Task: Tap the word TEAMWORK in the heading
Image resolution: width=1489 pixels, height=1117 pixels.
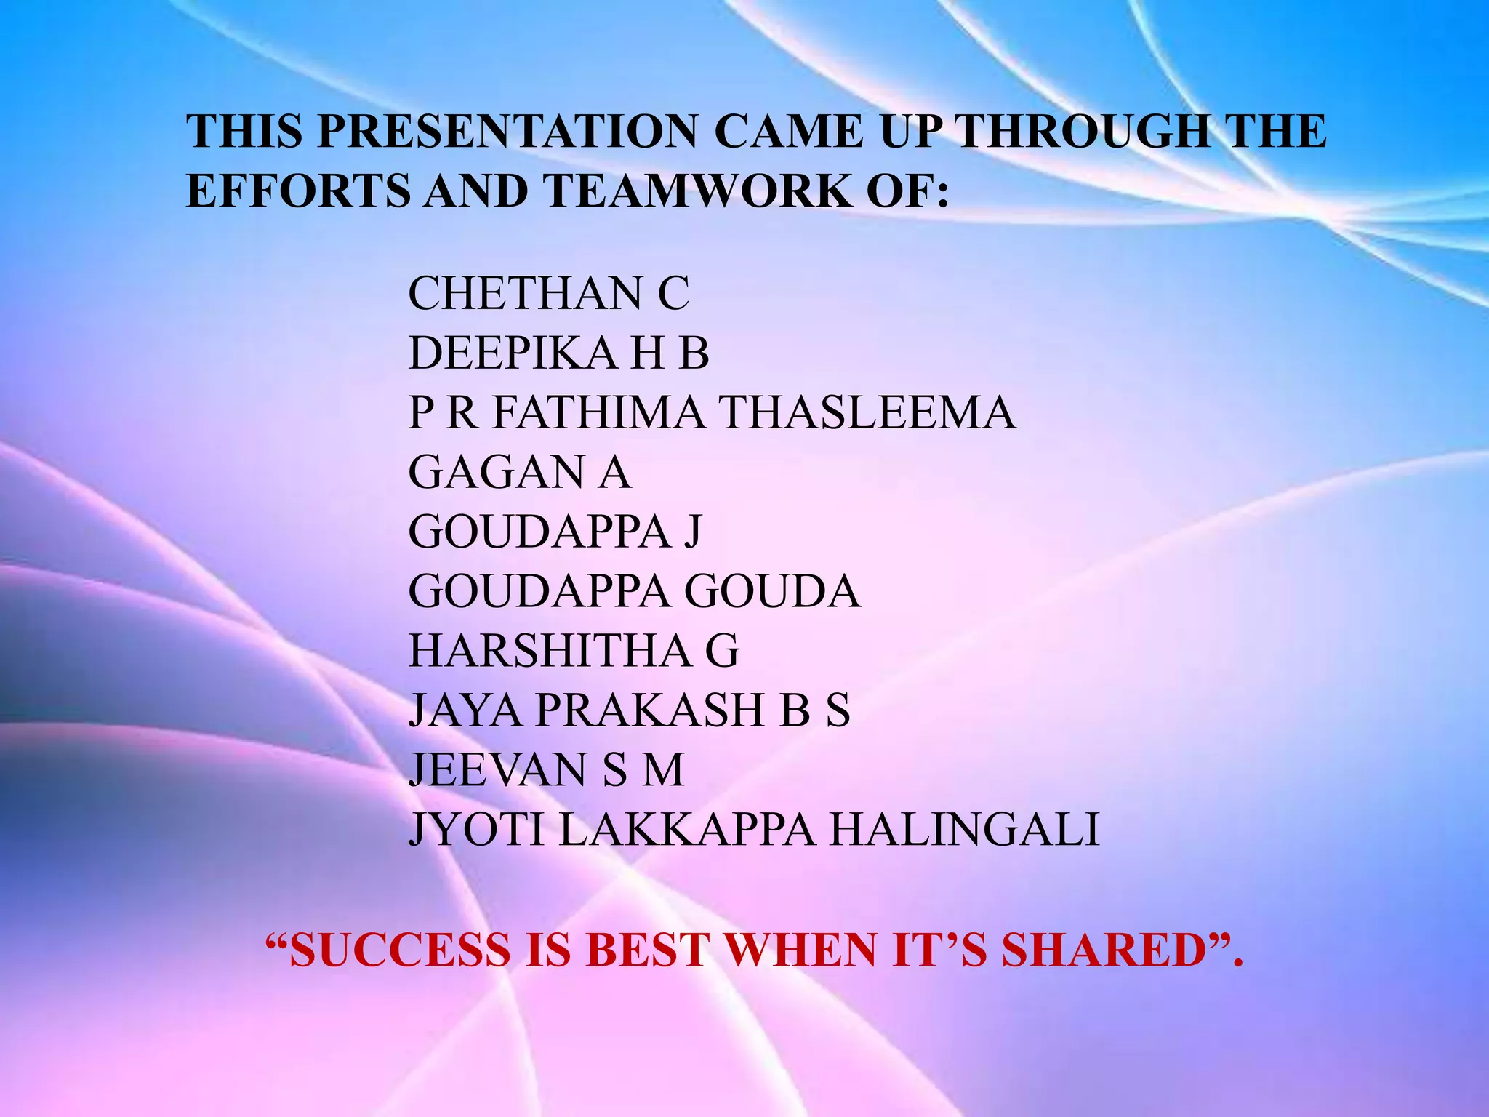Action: coord(696,191)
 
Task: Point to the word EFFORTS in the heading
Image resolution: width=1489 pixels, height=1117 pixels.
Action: coord(298,191)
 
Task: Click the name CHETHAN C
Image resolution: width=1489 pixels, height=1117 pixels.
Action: coord(548,294)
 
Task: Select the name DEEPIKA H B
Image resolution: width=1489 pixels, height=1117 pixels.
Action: coord(558,353)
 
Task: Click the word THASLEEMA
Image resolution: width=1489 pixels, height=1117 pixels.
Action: coord(868,412)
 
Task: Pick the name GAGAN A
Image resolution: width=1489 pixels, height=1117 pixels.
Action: coord(519,472)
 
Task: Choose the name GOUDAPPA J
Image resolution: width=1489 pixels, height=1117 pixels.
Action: coord(555,532)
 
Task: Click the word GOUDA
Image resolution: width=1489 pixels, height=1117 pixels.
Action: coord(773,591)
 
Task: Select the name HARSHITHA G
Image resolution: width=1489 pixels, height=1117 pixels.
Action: coord(574,650)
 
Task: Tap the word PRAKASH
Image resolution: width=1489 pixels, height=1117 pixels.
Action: coord(651,710)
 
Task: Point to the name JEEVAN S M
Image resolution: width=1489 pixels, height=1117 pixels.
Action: coord(546,769)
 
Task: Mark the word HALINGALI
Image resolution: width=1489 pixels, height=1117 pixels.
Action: coord(965,829)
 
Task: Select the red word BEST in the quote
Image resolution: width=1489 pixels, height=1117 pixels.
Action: coord(646,950)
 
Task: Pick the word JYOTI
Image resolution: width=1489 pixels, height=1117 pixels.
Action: coord(476,829)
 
